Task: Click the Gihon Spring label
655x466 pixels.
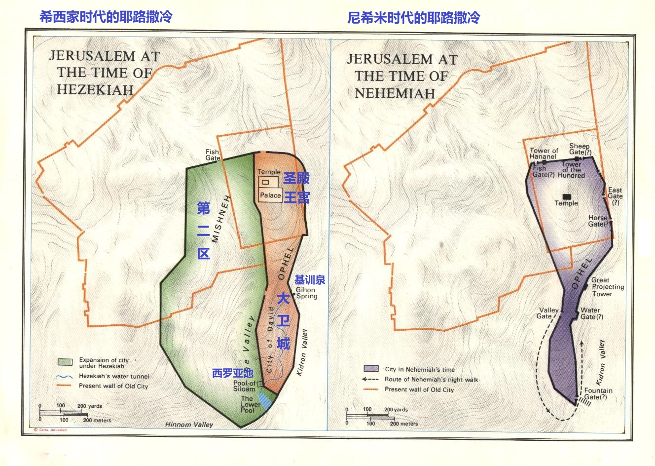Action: (306, 293)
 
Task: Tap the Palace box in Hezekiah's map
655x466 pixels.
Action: (270, 195)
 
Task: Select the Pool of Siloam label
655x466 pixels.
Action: (245, 386)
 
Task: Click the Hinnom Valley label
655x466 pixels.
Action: (189, 425)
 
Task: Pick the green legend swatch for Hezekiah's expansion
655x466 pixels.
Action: (65, 362)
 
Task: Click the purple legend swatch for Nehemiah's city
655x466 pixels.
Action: (371, 369)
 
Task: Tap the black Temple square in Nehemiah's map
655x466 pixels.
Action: (566, 196)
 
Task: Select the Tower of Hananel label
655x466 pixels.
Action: (544, 154)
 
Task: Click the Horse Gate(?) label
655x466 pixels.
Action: (598, 221)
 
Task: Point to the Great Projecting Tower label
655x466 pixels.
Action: (608, 287)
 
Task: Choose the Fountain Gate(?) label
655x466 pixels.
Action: (598, 393)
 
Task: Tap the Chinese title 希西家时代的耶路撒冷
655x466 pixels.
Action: (106, 17)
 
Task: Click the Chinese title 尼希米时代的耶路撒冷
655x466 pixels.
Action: (413, 18)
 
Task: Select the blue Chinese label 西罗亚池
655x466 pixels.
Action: (232, 373)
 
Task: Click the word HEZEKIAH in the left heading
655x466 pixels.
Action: (95, 89)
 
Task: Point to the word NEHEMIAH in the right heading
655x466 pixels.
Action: (395, 93)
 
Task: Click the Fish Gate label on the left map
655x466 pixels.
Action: (213, 155)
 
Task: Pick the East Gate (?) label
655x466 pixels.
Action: (615, 196)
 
